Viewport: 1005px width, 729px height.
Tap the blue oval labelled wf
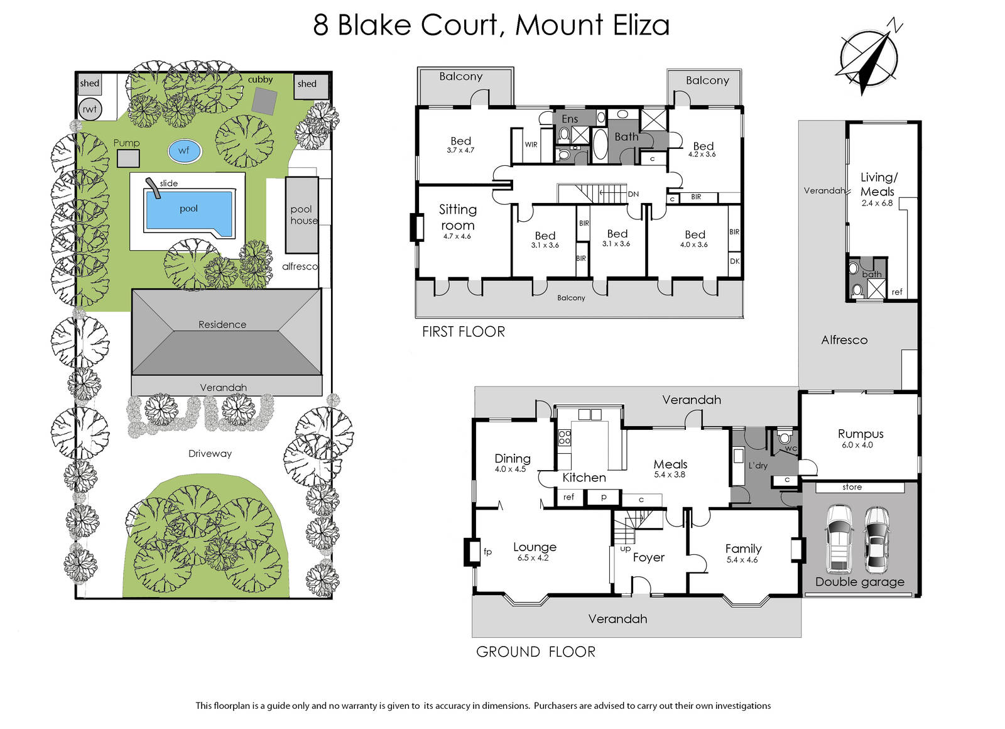click(185, 151)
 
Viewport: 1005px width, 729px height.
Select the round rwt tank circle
click(90, 109)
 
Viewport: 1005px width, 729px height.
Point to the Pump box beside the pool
click(128, 158)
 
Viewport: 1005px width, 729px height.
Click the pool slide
click(153, 188)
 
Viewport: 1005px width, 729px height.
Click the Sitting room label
click(457, 217)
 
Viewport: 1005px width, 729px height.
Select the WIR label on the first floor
click(531, 145)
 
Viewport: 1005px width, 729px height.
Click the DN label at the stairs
click(633, 194)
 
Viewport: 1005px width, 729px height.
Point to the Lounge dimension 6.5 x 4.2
click(533, 558)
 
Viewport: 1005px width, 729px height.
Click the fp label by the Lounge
click(487, 552)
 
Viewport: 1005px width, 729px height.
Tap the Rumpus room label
click(861, 434)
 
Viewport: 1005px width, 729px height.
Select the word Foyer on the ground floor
click(648, 557)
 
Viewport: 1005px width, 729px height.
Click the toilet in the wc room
click(785, 437)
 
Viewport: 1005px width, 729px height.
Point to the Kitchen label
click(584, 477)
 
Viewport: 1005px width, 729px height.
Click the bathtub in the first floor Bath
click(599, 144)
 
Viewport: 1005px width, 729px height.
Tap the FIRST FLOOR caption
click(464, 332)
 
